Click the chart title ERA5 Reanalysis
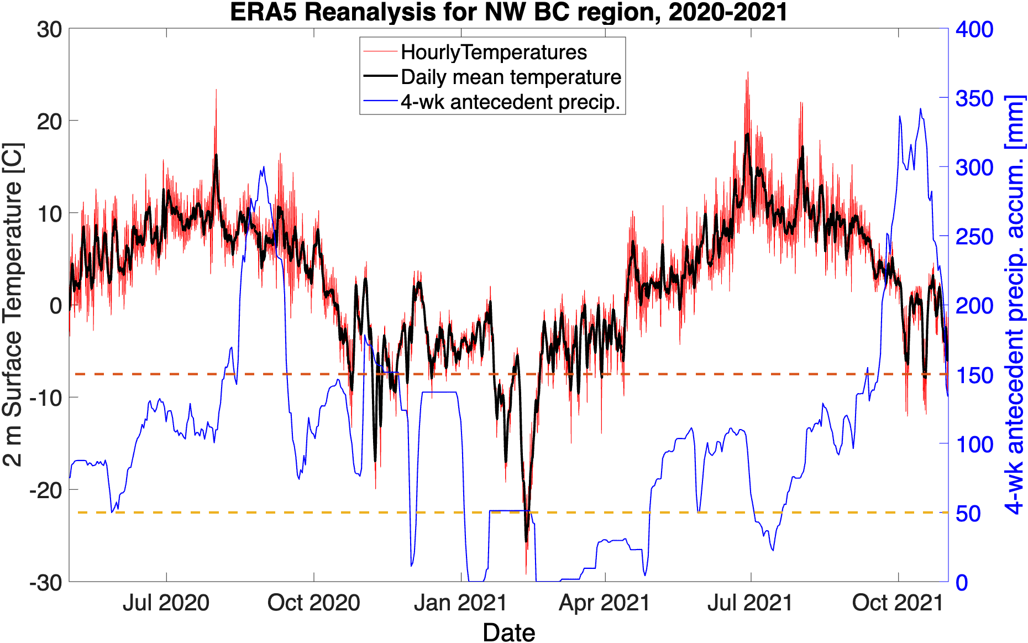click(x=508, y=12)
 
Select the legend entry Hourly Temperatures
click(x=494, y=52)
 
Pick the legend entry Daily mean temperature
click(x=511, y=77)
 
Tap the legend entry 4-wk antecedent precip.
click(x=510, y=102)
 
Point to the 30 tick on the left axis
click(x=49, y=29)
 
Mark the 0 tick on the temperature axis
click(x=55, y=305)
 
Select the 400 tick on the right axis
click(x=974, y=29)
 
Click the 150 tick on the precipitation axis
click(x=974, y=375)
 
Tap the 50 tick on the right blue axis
click(x=968, y=514)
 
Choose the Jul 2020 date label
click(x=166, y=603)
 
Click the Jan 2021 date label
click(x=460, y=603)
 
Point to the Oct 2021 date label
click(x=898, y=603)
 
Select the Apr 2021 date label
click(x=605, y=603)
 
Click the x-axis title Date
click(x=508, y=632)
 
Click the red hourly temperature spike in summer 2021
click(x=748, y=74)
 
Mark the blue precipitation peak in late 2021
click(x=920, y=109)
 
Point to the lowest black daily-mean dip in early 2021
click(x=526, y=540)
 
